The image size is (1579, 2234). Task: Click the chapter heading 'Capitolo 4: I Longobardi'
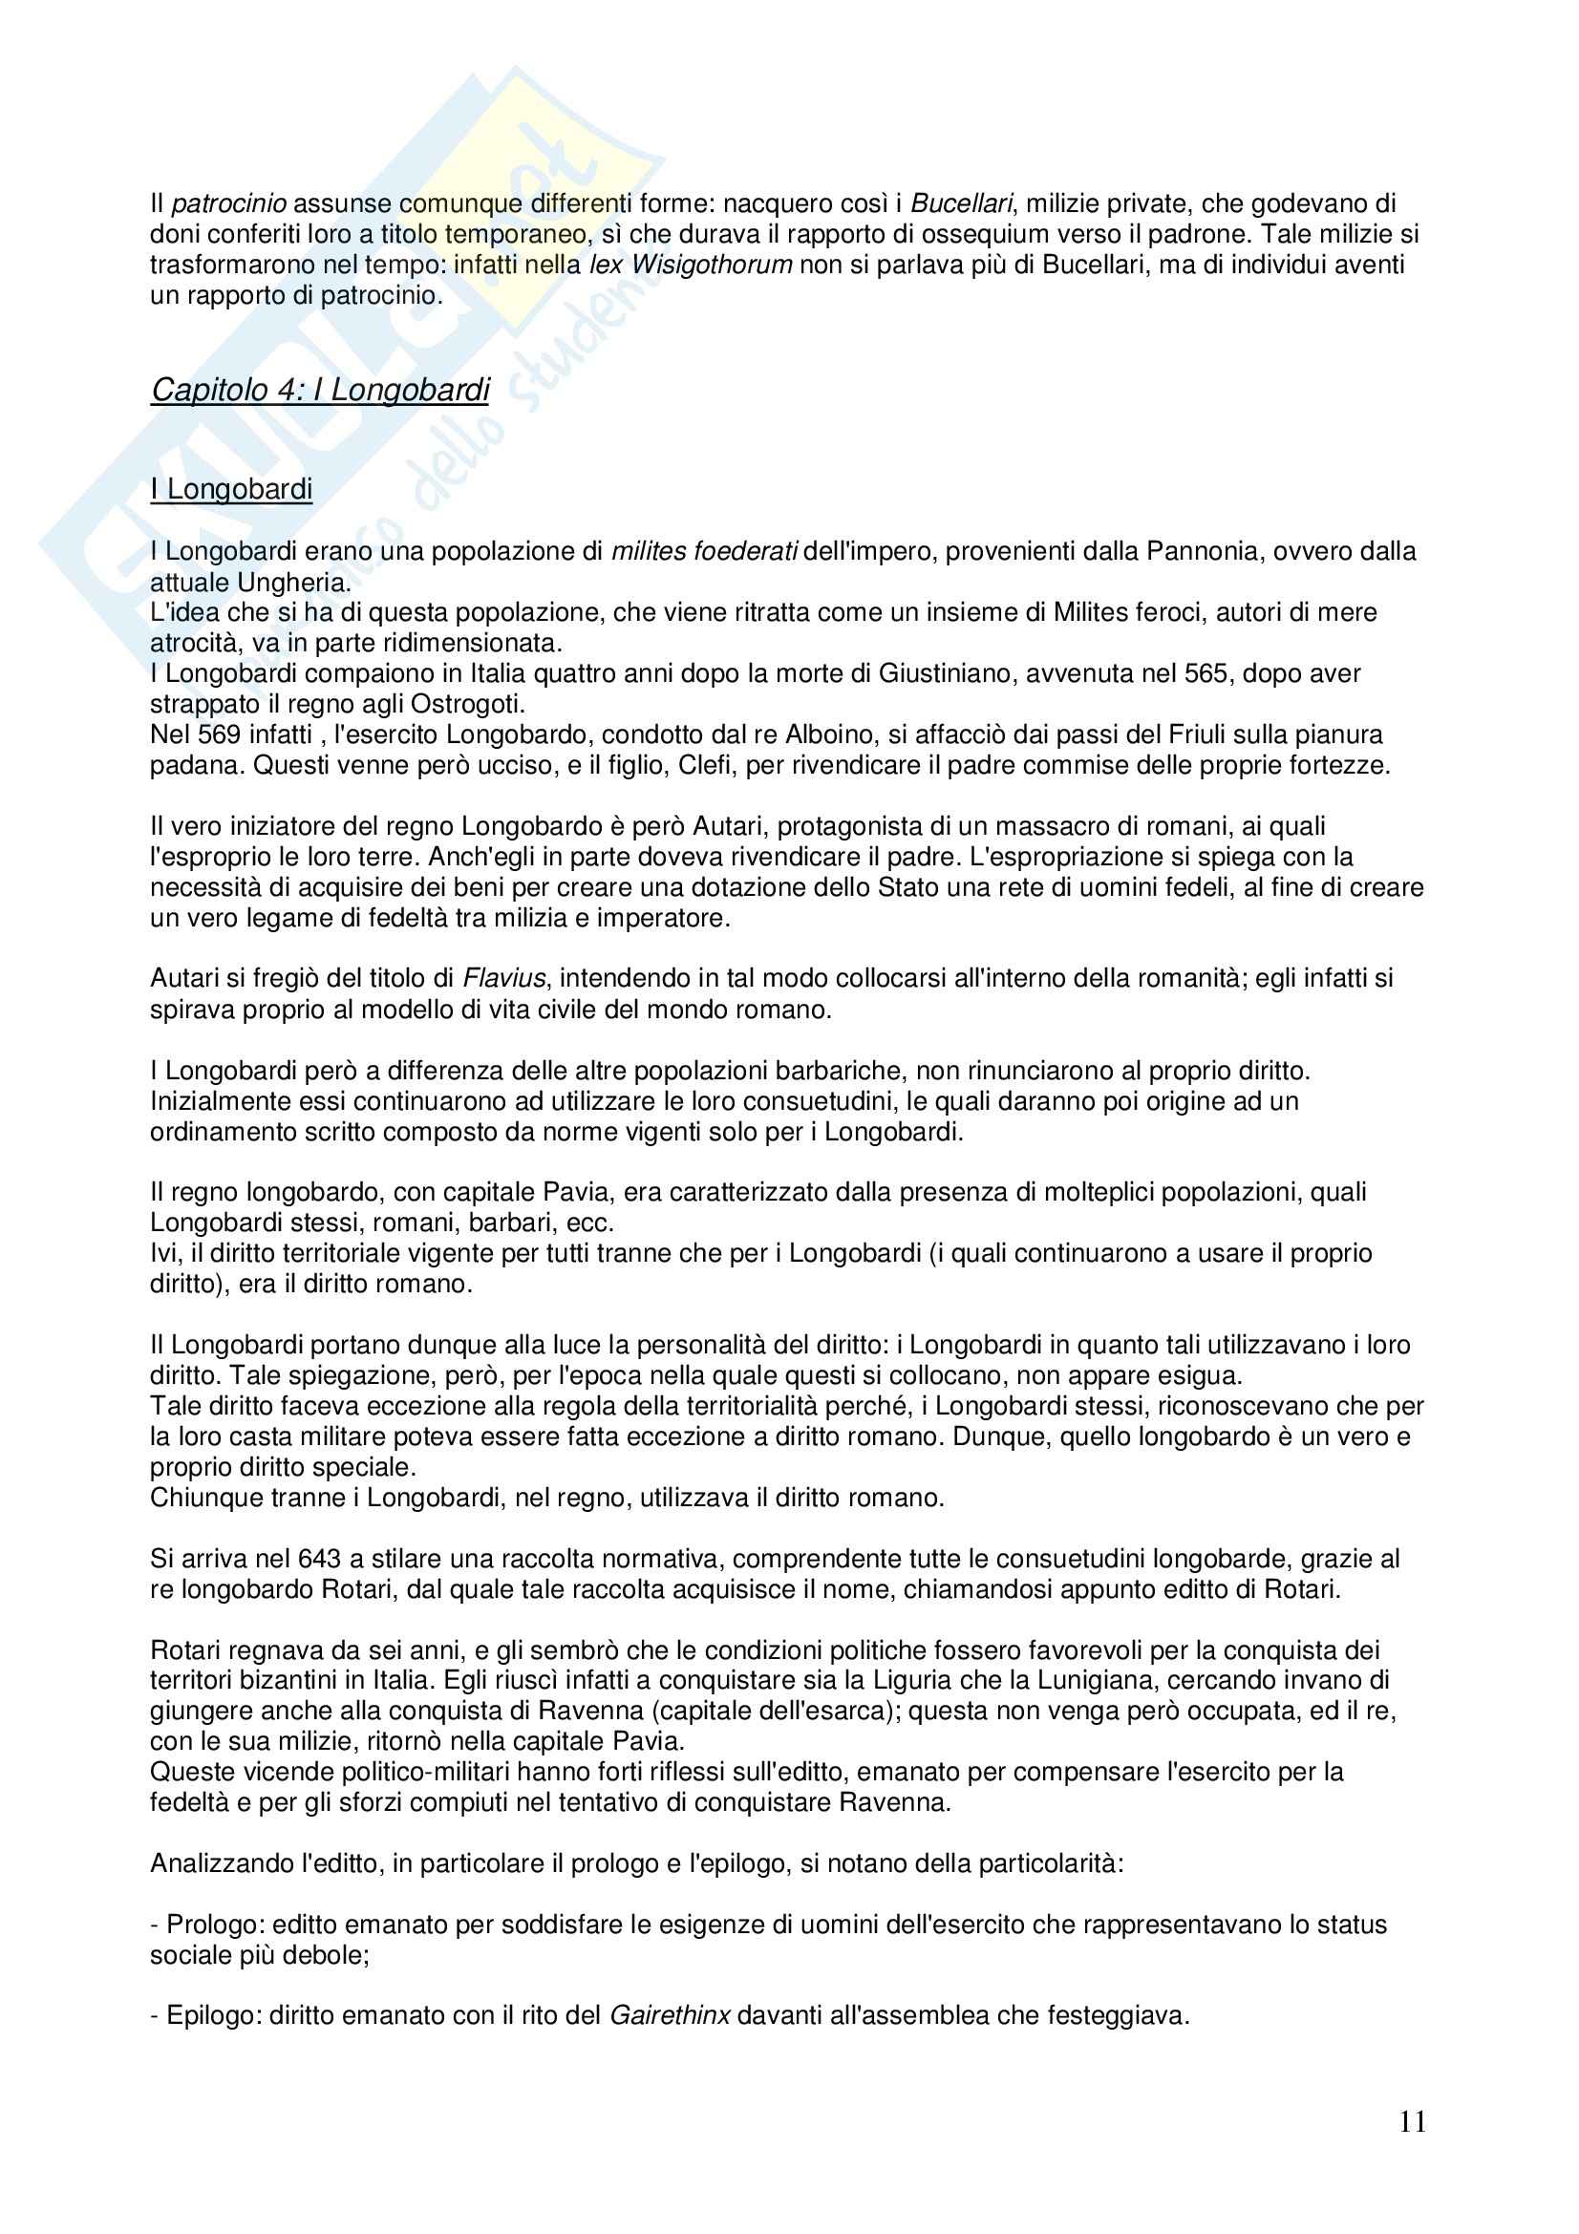320,391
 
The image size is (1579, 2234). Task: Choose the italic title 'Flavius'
503,978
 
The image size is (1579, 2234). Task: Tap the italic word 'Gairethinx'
670,2015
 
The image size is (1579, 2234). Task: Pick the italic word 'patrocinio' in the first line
228,204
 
